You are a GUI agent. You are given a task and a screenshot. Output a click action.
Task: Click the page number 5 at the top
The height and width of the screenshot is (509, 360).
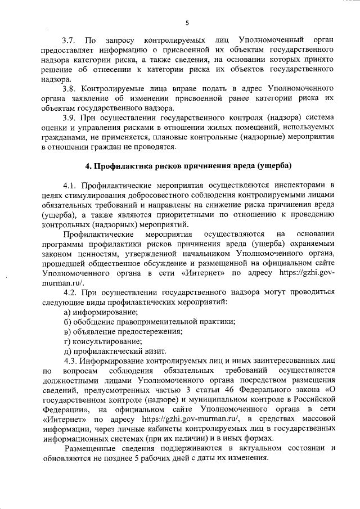186,22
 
